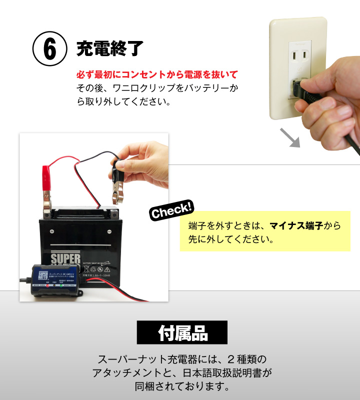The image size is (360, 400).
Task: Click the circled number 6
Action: [x=50, y=48]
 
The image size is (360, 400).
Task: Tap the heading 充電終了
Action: [x=110, y=48]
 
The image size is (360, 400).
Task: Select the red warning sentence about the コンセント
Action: [x=156, y=75]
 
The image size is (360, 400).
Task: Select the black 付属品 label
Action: [x=182, y=333]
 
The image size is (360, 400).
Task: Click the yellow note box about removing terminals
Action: [x=265, y=231]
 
